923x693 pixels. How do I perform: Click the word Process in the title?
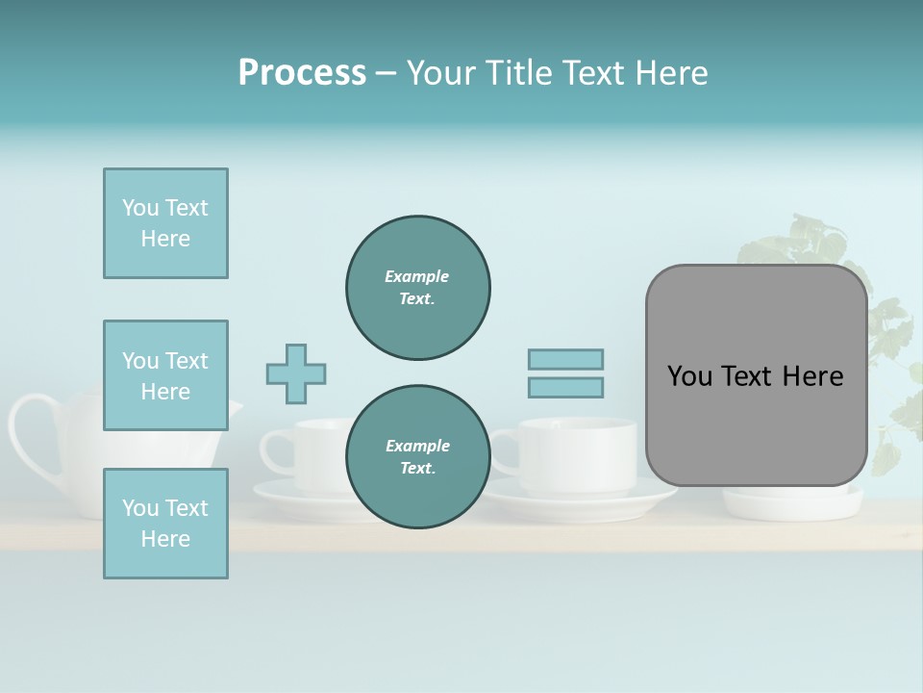point(302,73)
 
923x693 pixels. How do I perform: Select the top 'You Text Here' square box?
point(165,223)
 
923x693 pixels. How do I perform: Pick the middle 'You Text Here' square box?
point(165,375)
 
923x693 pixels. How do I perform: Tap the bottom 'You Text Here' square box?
point(165,524)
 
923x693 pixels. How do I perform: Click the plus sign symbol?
point(296,373)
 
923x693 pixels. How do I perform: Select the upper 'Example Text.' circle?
point(417,287)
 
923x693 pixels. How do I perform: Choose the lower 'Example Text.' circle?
point(417,456)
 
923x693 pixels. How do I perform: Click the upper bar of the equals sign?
point(565,359)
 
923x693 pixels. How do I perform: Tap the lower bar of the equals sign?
point(565,387)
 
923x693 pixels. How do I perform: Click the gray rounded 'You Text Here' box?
point(756,375)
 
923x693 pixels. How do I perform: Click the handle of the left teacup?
point(275,450)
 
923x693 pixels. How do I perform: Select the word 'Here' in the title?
point(672,73)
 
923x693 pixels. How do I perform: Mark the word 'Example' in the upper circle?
point(416,276)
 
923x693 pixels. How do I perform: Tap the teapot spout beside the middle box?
point(235,414)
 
